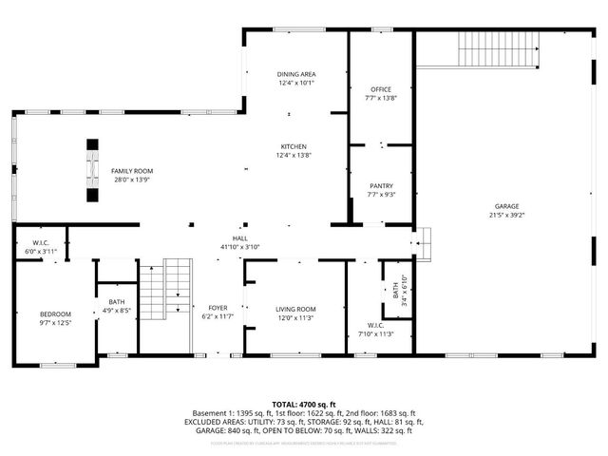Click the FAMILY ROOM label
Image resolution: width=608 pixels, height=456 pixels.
[x=132, y=171]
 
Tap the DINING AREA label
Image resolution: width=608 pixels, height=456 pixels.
[x=296, y=74]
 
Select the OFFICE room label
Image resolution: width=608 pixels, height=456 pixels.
[x=380, y=89]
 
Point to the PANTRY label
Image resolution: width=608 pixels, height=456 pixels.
[x=380, y=186]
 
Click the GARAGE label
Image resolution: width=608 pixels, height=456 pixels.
[x=506, y=206]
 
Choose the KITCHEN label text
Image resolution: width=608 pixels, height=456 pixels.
[x=293, y=146]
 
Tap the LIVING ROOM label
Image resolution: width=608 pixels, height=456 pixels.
[x=295, y=309]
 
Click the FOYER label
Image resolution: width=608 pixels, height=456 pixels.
[x=218, y=308]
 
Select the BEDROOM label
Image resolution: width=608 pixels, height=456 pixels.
[x=54, y=314]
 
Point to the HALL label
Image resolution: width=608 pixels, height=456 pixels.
[x=240, y=238]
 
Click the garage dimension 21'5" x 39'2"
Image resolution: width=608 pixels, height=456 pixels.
[x=506, y=216]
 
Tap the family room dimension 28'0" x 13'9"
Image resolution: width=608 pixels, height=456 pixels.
[x=133, y=180]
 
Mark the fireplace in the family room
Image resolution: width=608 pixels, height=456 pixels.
[x=92, y=171]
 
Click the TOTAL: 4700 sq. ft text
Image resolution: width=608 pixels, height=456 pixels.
[x=303, y=404]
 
